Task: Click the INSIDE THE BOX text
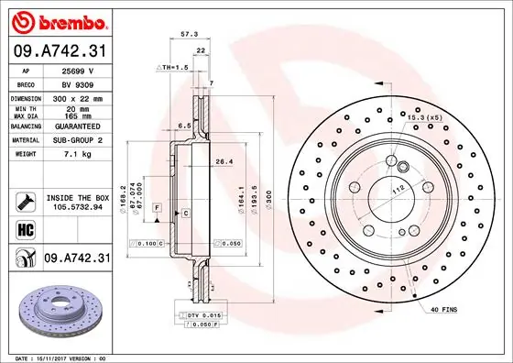tap(77, 198)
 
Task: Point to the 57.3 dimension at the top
tap(190, 34)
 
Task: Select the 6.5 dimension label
tap(183, 125)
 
